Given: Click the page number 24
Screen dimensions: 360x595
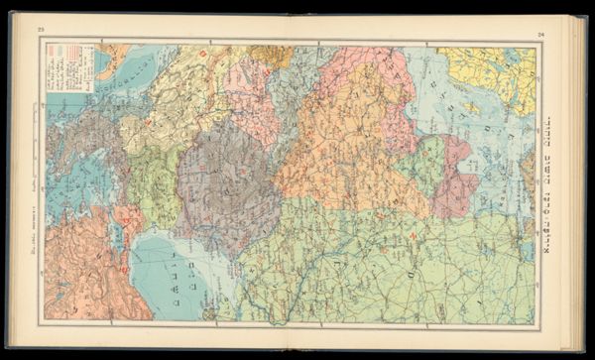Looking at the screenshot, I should [x=541, y=36].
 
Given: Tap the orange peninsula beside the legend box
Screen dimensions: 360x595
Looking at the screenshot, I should [x=111, y=60].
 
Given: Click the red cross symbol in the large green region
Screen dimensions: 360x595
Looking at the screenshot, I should [x=411, y=235].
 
